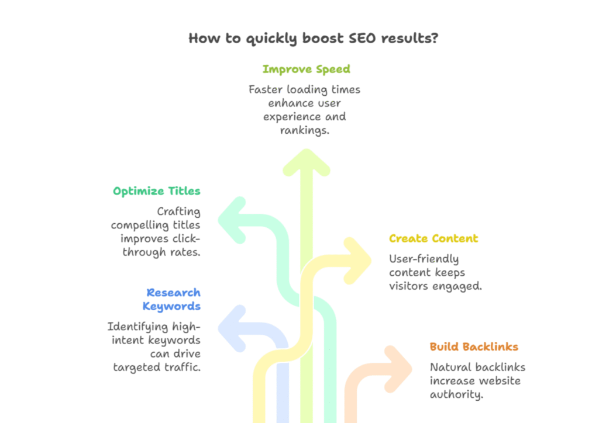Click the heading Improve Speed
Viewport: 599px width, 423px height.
[306, 70]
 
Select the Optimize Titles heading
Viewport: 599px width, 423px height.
[156, 191]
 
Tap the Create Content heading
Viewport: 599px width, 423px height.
[433, 238]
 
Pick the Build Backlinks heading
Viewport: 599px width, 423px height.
[474, 346]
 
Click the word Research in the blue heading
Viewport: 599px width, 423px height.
[173, 292]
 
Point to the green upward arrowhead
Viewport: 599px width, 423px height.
[306, 161]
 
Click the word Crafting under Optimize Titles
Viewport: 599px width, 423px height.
[178, 211]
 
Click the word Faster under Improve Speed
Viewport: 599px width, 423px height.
[267, 89]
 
